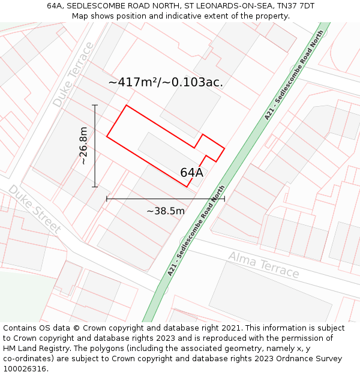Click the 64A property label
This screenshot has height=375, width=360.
click(192, 173)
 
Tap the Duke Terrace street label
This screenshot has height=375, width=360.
click(73, 74)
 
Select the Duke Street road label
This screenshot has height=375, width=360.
click(34, 209)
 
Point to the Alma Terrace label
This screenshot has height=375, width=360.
click(263, 265)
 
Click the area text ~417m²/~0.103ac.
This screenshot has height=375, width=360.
click(166, 82)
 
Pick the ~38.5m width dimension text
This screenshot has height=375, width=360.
click(166, 211)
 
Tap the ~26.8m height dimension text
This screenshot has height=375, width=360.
click(83, 146)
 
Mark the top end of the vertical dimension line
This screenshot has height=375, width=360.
click(95, 105)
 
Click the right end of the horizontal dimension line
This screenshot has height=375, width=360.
click(224, 198)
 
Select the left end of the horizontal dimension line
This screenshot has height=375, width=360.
click(107, 198)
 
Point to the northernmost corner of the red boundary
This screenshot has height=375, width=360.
click(126, 106)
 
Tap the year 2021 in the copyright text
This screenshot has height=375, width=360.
click(231, 328)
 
